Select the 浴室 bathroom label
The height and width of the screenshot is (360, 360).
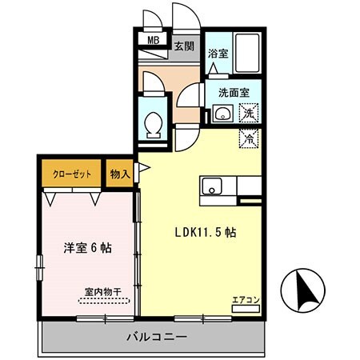click(x=218, y=54)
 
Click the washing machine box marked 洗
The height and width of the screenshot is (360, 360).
click(x=250, y=114)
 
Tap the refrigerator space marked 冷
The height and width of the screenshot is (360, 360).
click(x=250, y=137)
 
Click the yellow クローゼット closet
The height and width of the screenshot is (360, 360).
click(x=72, y=174)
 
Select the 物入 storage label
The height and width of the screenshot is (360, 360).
click(x=120, y=174)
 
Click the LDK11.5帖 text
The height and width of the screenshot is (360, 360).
click(x=206, y=232)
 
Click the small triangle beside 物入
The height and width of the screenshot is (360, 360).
click(x=142, y=168)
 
